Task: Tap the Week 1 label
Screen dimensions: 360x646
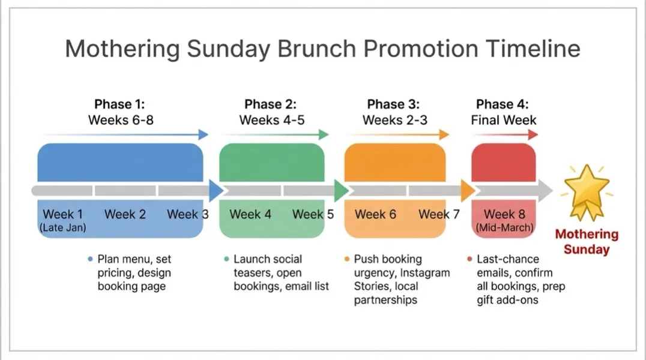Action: [63, 214]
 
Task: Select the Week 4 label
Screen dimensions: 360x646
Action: [250, 214]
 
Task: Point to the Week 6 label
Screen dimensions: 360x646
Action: [375, 214]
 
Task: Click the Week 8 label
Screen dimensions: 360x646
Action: [504, 214]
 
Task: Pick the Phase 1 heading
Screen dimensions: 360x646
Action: [121, 104]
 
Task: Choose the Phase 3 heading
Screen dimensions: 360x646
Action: [394, 104]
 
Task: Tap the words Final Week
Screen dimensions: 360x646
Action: [503, 120]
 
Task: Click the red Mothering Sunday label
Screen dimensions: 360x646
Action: [586, 242]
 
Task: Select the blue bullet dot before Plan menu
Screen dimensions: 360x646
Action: [90, 259]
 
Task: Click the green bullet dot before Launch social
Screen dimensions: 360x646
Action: [226, 259]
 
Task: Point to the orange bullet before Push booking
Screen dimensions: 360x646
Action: [347, 259]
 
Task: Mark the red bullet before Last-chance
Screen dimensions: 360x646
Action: [469, 259]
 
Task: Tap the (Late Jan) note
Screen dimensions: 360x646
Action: [63, 228]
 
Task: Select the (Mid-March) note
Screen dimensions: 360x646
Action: [504, 228]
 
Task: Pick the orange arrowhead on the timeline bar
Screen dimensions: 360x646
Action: [468, 191]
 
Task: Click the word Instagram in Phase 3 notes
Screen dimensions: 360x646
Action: [425, 273]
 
